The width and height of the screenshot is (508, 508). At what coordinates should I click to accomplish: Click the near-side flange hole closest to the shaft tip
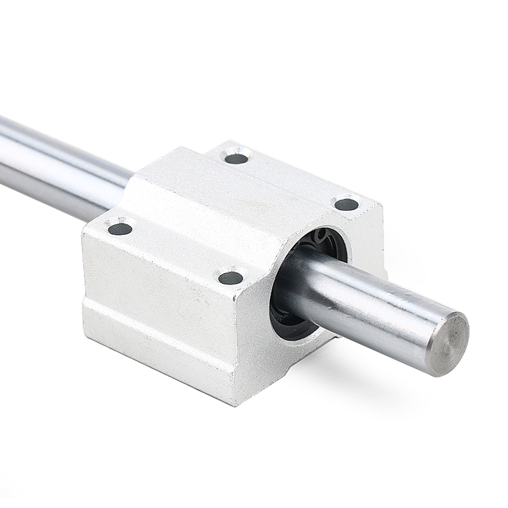point(231,277)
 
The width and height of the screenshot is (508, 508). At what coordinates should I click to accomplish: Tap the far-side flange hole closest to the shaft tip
point(346,204)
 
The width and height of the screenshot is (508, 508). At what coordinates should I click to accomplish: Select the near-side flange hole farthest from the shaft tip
point(120,229)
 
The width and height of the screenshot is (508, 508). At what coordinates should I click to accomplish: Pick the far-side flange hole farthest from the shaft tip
point(236,158)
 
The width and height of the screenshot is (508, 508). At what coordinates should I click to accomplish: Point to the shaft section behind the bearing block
point(57,168)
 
